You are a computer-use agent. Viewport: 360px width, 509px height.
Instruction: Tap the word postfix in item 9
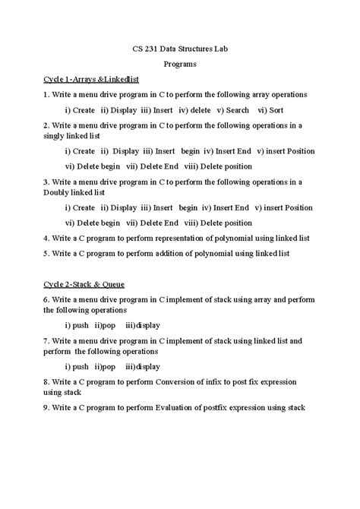coord(222,407)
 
